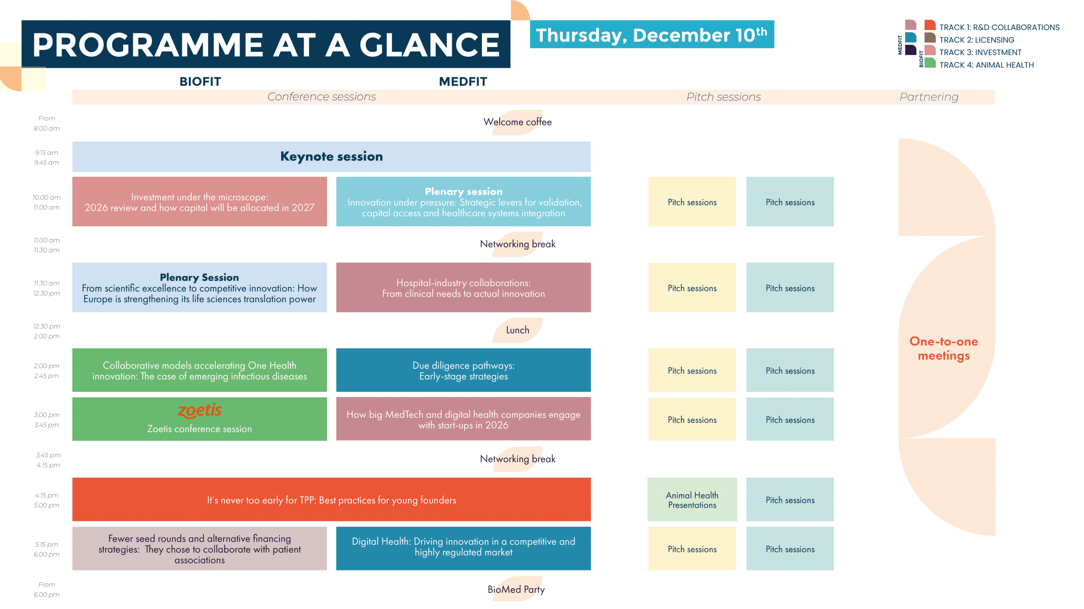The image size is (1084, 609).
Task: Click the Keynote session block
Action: click(332, 157)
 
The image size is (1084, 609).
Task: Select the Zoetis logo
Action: click(199, 410)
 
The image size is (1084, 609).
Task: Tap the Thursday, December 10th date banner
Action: click(652, 34)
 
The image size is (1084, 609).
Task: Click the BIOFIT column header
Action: click(200, 81)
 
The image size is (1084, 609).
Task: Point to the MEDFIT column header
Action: click(463, 81)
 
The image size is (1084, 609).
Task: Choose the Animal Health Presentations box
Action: click(692, 499)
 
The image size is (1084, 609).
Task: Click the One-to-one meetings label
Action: click(944, 348)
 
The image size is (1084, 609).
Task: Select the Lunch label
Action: click(517, 330)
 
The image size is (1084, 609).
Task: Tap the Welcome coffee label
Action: click(517, 122)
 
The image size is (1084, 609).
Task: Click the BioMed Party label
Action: click(516, 590)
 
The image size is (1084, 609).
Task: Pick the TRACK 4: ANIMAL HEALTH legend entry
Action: click(987, 65)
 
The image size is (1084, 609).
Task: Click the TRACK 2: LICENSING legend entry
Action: click(977, 40)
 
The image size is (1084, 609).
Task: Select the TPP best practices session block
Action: click(332, 499)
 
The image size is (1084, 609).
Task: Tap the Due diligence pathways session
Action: click(463, 370)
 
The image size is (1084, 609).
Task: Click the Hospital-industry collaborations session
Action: click(463, 288)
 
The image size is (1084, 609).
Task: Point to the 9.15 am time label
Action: click(47, 153)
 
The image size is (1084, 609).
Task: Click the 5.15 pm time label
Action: click(47, 544)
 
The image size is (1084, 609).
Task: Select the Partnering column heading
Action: click(929, 97)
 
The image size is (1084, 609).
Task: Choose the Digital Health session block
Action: click(463, 548)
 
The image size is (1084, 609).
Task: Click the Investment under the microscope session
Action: click(199, 202)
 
